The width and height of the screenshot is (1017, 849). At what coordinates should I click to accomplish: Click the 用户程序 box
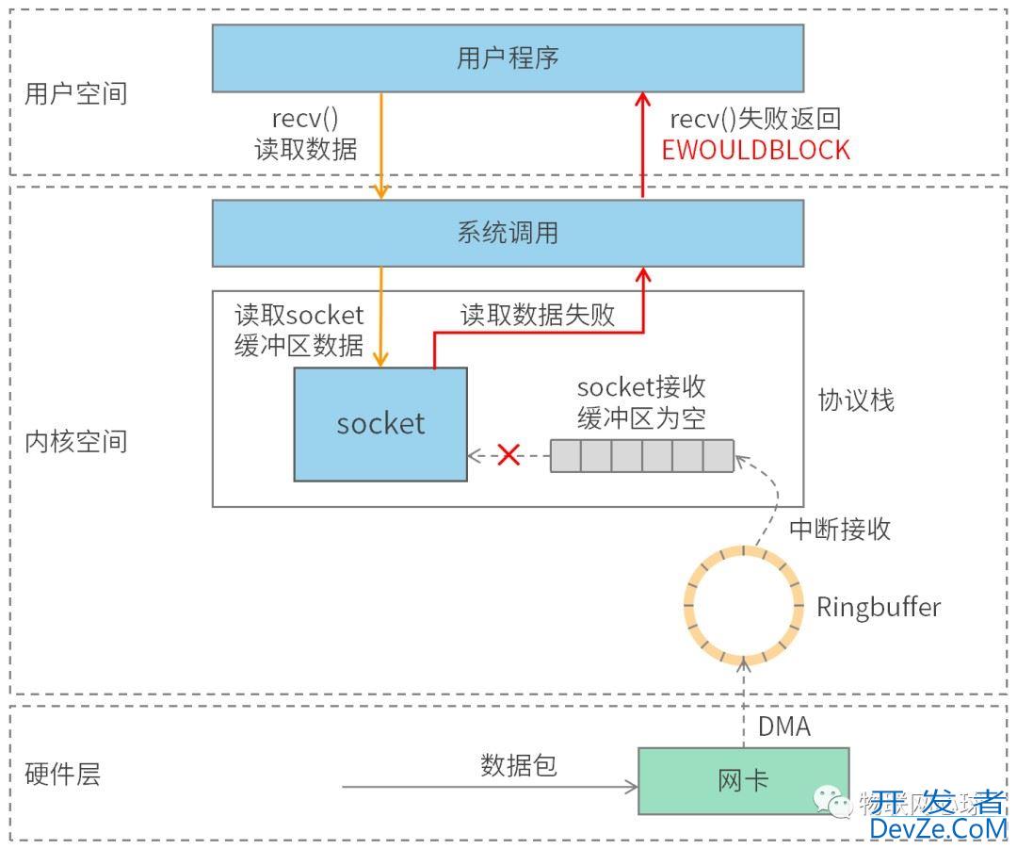[508, 58]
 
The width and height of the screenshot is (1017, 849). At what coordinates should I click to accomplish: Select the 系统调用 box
[508, 233]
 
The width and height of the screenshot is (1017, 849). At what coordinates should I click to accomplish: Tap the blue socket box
[380, 424]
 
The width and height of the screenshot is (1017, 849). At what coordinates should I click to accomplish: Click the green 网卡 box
[743, 780]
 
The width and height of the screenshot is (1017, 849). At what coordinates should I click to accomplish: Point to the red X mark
[508, 455]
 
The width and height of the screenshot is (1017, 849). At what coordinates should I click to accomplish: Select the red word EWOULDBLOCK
[755, 150]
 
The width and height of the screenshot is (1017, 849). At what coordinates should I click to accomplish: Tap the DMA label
[783, 727]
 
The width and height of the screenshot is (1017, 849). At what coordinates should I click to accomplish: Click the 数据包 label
[519, 764]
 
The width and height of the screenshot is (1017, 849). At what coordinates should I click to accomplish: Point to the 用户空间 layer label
[75, 94]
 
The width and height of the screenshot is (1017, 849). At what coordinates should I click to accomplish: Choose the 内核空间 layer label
[75, 441]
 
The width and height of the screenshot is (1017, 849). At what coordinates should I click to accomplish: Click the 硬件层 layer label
[62, 776]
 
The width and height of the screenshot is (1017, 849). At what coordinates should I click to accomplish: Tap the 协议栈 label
[856, 400]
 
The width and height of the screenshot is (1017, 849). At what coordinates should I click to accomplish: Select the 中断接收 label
[840, 529]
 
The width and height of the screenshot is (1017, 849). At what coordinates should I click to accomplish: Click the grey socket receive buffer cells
[641, 455]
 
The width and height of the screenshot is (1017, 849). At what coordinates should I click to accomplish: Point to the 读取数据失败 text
[538, 315]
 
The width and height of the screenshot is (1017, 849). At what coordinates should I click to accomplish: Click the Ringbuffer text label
[878, 607]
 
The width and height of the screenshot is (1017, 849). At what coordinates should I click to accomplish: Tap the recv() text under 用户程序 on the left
[305, 120]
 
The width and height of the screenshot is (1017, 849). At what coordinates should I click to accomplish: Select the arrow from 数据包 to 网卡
[490, 786]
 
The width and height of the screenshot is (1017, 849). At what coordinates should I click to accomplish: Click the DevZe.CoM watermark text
[938, 828]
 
